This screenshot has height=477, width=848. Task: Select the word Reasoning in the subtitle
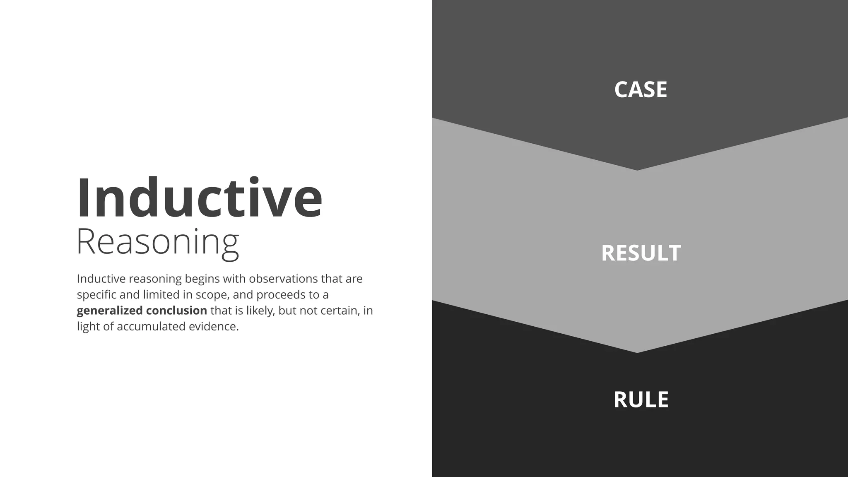point(158,242)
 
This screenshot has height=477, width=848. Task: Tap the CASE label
point(641,89)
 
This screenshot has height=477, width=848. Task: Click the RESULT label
point(641,253)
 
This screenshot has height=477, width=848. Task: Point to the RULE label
point(641,400)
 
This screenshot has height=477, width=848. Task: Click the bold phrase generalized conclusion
point(142,311)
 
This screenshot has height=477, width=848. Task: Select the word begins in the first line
point(202,279)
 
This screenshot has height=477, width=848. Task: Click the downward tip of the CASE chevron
point(637,169)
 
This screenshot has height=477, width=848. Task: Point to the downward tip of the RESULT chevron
point(637,352)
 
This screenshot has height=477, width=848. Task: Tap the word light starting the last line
point(88,327)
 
